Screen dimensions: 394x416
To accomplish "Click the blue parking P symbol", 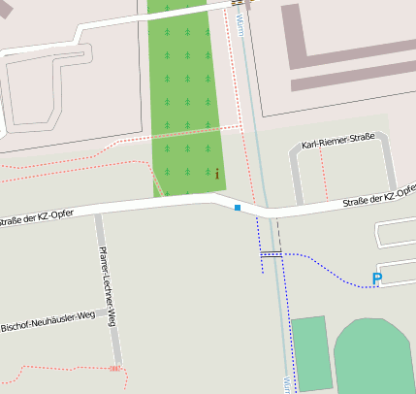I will click(x=377, y=279).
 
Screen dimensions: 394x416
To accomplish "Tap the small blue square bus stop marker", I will click(x=238, y=208).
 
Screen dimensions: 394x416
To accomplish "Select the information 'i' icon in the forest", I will click(x=217, y=174).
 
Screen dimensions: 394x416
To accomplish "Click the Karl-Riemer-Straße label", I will click(x=337, y=145).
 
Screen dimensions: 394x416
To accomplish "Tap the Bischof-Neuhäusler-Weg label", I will click(x=48, y=321).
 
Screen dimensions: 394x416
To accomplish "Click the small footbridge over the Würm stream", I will click(x=271, y=253).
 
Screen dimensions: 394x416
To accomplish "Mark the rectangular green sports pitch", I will click(x=311, y=351).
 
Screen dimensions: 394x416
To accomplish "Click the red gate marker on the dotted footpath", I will click(x=115, y=369).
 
